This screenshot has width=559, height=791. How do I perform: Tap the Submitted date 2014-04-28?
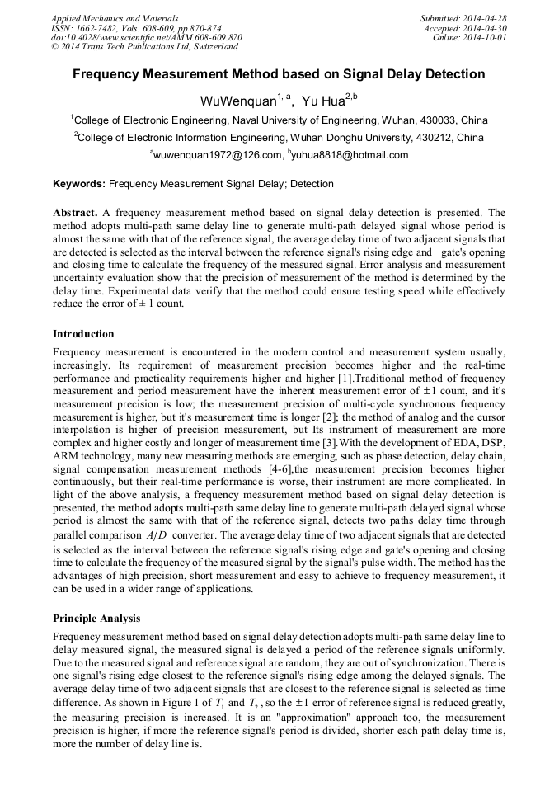[x=482, y=17]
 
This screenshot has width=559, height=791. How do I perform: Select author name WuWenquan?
[x=236, y=101]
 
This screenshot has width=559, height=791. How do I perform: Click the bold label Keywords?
[x=80, y=184]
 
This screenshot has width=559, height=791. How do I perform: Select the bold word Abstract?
[x=75, y=212]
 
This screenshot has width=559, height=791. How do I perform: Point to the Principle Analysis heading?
[x=96, y=619]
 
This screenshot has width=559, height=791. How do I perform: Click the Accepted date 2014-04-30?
[x=486, y=27]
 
